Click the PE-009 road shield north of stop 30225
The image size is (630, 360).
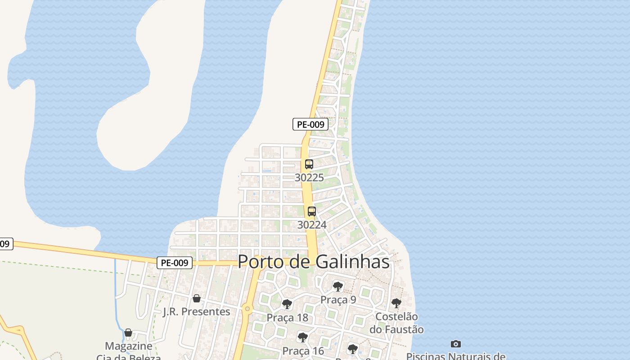(310, 124)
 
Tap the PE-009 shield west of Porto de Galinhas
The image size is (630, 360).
(175, 263)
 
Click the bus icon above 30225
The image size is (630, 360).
(309, 164)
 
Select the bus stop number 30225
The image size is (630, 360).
(309, 178)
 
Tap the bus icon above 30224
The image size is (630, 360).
(311, 211)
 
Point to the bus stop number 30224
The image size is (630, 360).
(311, 225)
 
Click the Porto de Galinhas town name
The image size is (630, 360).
(313, 261)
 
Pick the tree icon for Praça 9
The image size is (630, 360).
(337, 287)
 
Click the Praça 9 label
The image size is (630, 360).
(338, 300)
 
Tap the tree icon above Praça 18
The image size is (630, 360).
(287, 305)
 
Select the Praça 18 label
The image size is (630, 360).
(287, 318)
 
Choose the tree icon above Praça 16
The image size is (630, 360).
(303, 337)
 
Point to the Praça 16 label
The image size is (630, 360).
(303, 351)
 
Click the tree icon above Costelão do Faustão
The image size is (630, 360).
(396, 303)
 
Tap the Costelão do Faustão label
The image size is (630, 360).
(396, 323)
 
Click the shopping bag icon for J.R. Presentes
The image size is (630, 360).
(196, 298)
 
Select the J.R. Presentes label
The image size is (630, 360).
(196, 311)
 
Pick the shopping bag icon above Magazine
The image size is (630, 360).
(128, 333)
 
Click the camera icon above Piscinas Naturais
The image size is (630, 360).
(455, 344)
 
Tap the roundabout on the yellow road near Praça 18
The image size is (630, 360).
(247, 309)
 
